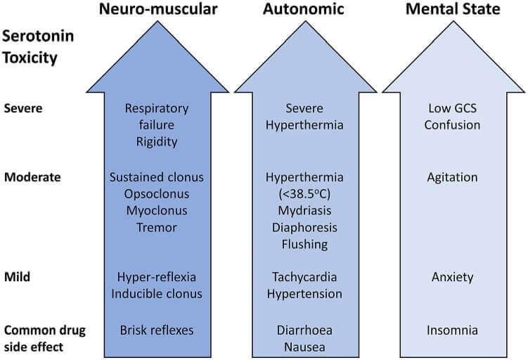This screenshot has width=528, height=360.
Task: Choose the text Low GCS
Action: pyautogui.click(x=453, y=108)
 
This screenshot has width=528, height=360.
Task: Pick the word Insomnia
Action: pyautogui.click(x=453, y=329)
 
